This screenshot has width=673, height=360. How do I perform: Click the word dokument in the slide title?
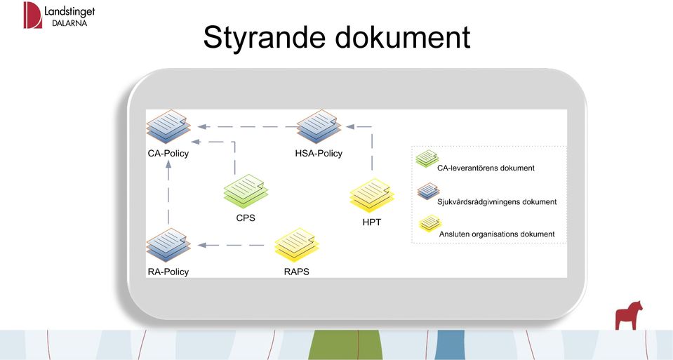click(403, 36)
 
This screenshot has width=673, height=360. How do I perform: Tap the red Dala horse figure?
click(629, 315)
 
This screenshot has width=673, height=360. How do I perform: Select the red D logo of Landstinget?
click(32, 15)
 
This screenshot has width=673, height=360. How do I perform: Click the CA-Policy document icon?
click(168, 126)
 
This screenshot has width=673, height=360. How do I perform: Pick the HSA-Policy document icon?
click(319, 126)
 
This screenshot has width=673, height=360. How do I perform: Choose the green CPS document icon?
click(246, 192)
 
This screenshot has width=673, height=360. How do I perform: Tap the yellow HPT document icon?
click(372, 196)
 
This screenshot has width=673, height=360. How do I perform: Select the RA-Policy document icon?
click(168, 245)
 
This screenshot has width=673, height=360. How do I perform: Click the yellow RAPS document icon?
click(297, 245)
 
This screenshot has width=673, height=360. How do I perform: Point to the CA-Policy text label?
click(168, 153)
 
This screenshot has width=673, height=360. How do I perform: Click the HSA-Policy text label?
click(319, 153)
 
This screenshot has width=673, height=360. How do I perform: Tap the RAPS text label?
click(297, 272)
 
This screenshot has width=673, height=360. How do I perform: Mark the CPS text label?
click(246, 218)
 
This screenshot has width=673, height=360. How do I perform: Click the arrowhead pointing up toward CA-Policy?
click(168, 164)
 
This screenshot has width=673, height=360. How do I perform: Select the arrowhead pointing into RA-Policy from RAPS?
click(202, 245)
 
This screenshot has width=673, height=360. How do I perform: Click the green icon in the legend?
click(427, 159)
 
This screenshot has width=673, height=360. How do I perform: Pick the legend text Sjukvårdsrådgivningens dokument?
click(497, 201)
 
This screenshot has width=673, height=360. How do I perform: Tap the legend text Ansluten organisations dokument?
click(497, 234)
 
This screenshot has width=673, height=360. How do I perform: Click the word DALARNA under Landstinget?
click(69, 23)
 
